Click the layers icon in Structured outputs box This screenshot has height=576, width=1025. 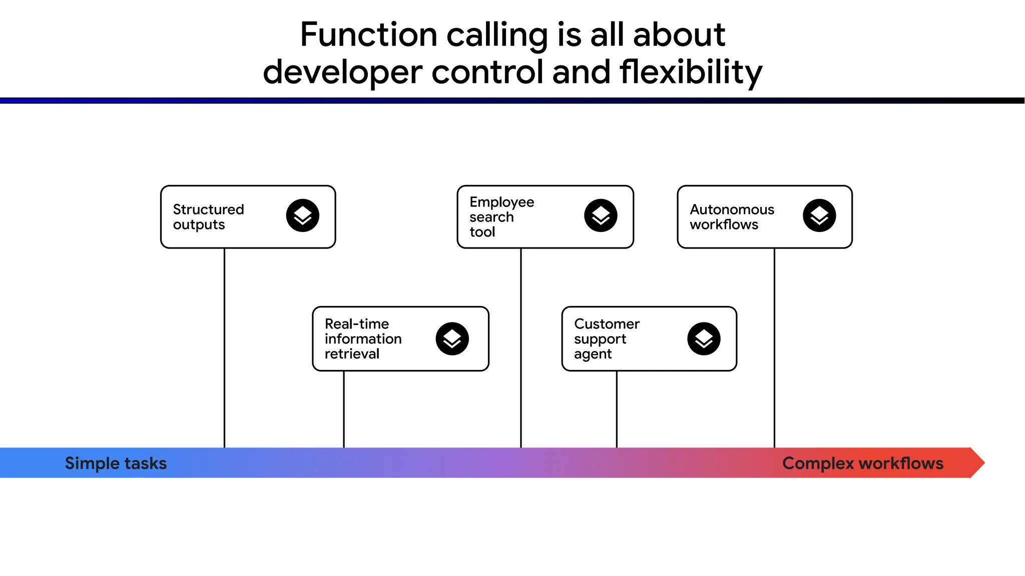pos(302,215)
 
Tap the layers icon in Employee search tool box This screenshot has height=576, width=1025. pos(601,215)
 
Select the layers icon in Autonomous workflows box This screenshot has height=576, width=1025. pos(819,215)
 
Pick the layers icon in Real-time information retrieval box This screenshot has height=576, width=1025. pos(452,338)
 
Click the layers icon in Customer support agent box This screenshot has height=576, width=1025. pos(704,338)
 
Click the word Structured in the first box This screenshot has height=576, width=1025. pos(208,209)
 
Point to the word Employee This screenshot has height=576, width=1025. pos(501,202)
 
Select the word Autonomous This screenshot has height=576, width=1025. pos(732,209)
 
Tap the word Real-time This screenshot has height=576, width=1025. pos(356,324)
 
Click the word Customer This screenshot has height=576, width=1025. pos(607,324)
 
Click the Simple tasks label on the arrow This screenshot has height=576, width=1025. pos(116,463)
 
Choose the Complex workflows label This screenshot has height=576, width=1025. pos(863,463)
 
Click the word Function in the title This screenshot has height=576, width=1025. pos(368,35)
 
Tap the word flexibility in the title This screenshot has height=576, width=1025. pos(691,72)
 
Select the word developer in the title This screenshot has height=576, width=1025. pos(342,72)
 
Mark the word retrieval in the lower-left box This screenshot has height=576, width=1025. pos(352,354)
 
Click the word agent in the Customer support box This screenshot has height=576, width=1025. pos(593,354)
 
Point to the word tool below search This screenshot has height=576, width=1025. pos(482,232)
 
